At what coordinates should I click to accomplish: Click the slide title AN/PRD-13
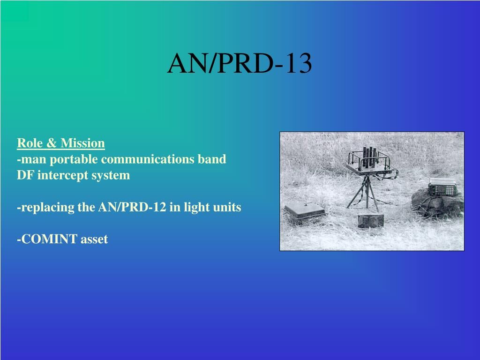240,64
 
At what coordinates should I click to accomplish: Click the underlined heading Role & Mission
61,143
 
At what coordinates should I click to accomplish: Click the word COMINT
48,240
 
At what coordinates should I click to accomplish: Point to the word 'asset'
94,240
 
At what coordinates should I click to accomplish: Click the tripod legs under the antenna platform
364,195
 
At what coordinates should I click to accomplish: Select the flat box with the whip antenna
304,211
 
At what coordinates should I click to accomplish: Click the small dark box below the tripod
371,220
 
